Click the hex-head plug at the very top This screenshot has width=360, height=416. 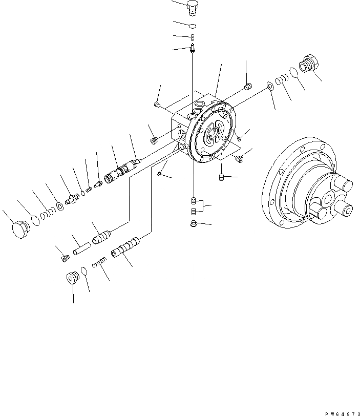tap(192, 8)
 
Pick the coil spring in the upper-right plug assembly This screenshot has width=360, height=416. tap(280, 80)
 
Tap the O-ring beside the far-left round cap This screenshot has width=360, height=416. tap(34, 220)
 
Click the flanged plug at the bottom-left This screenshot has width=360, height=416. tap(72, 277)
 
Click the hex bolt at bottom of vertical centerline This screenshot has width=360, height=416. tap(193, 223)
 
